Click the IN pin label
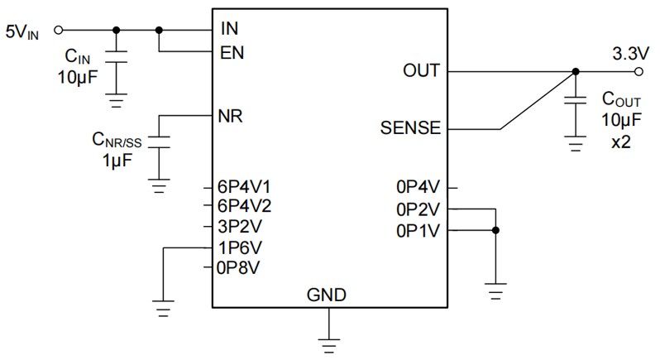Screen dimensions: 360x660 pos(229,29)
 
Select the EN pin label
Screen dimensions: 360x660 pos(232,52)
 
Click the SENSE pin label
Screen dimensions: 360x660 pos(410,129)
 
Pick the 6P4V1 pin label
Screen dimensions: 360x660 pos(245,186)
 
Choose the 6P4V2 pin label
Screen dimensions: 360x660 pos(245,206)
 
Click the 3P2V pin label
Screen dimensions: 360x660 pos(240,226)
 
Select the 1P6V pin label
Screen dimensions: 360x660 pos(240,247)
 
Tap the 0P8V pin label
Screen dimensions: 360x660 pos(240,266)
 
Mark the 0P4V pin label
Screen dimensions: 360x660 pos(419,187)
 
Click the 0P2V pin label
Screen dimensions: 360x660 pos(419,209)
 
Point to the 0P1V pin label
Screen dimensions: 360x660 pos(419,230)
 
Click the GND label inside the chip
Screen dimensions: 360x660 pos(327,295)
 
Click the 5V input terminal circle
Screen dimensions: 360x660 pos(58,31)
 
